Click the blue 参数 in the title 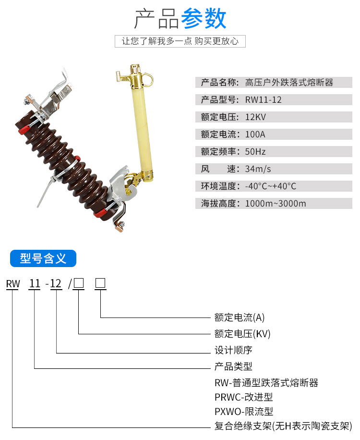click(x=204, y=19)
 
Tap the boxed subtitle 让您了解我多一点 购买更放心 click(x=180, y=41)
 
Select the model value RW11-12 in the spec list click(x=263, y=100)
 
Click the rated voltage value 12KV click(x=255, y=117)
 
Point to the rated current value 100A click(x=255, y=134)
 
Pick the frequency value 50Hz click(x=255, y=152)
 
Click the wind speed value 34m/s click(x=258, y=169)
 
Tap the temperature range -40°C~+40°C click(x=271, y=186)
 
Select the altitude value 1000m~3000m click(x=276, y=204)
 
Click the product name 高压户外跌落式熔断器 click(x=289, y=83)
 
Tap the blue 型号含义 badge click(x=43, y=258)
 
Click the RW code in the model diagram click(x=13, y=284)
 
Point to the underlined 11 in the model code click(x=35, y=284)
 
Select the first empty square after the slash click(x=79, y=283)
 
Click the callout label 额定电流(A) click(x=240, y=318)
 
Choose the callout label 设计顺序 click(x=233, y=350)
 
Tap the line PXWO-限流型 click(x=244, y=412)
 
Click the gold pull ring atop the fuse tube click(x=148, y=79)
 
